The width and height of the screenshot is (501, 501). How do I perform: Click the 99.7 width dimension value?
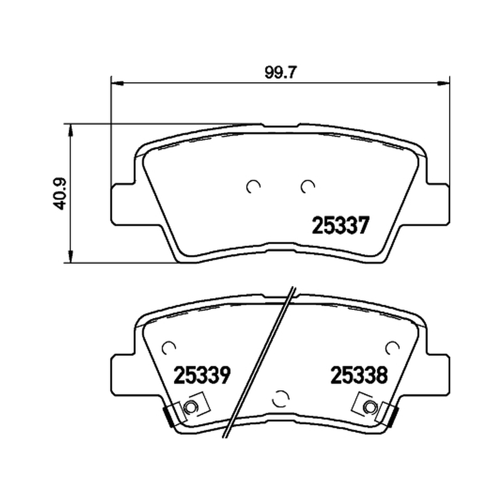[276, 73]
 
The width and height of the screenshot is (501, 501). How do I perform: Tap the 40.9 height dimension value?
[59, 194]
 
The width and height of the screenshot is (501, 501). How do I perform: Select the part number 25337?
[340, 225]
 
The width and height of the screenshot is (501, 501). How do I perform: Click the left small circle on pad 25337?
[254, 187]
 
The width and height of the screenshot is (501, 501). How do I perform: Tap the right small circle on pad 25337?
[307, 187]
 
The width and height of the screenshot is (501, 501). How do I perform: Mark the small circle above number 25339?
[168, 348]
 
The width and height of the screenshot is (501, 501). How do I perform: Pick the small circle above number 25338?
[393, 348]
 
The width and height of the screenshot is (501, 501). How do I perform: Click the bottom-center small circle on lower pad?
[280, 398]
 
